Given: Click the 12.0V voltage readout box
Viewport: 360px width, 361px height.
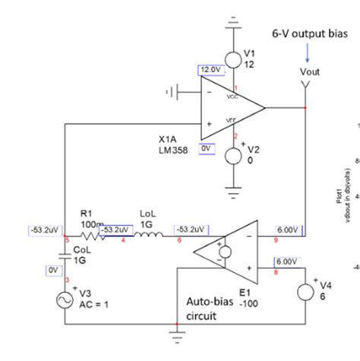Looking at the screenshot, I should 210,70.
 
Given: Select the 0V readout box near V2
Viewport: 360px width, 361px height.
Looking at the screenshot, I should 205,149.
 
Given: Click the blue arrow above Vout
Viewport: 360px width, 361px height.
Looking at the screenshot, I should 307,54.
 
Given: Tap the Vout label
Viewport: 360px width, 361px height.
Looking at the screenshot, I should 310,71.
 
